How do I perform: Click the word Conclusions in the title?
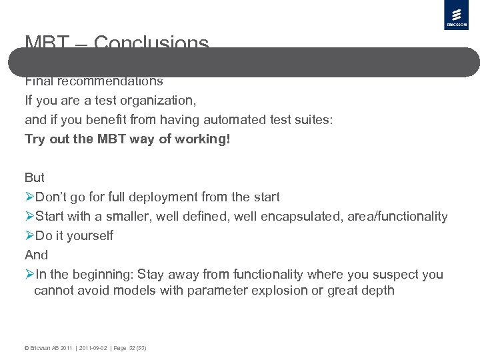(151, 43)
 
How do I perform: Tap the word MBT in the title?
(47, 43)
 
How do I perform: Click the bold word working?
(202, 139)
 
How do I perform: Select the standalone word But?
(35, 178)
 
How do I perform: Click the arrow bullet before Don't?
(29, 197)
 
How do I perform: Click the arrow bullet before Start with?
(29, 217)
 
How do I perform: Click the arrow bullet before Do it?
(29, 236)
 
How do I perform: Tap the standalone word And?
(36, 255)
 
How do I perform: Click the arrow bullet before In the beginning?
(29, 275)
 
